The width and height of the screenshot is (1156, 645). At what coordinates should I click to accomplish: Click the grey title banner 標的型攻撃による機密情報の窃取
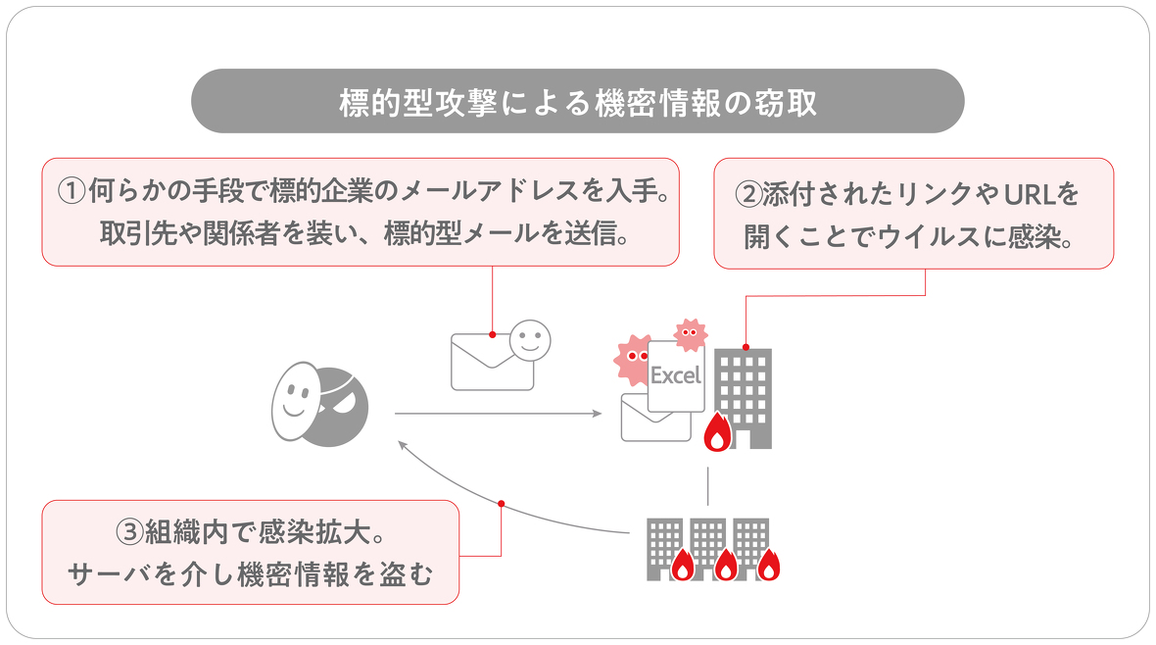(577, 101)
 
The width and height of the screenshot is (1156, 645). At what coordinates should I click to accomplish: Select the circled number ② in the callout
(748, 194)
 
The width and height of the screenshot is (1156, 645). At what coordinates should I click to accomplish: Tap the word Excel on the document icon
(676, 375)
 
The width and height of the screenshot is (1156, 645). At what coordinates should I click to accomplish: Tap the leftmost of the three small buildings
(664, 545)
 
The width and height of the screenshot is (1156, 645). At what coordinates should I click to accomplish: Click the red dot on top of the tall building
(746, 346)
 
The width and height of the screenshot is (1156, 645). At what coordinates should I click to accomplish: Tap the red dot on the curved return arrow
(501, 503)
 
